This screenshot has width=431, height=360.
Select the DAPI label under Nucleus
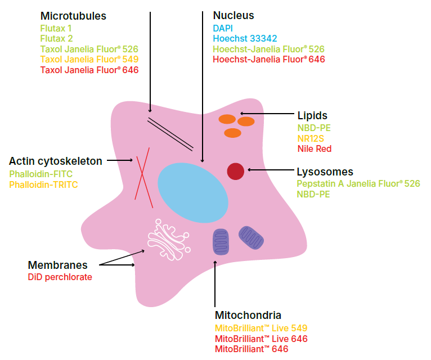click(222, 28)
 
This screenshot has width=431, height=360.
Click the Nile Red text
click(314, 148)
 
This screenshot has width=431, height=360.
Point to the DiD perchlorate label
click(60, 277)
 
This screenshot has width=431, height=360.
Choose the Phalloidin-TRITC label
click(43, 184)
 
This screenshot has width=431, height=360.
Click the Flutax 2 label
click(56, 38)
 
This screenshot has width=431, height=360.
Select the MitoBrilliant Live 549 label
click(261, 328)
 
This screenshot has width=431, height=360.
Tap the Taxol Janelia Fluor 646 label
click(89, 70)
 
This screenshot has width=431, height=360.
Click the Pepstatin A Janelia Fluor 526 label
click(358, 184)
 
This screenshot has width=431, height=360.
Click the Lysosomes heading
click(325, 172)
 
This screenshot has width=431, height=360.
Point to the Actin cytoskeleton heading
click(56, 161)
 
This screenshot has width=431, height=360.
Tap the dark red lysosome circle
click(235, 171)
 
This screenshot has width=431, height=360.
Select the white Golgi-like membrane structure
click(169, 238)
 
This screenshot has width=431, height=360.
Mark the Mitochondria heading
click(248, 315)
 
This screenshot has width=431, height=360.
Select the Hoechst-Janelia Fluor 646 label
click(268, 59)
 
